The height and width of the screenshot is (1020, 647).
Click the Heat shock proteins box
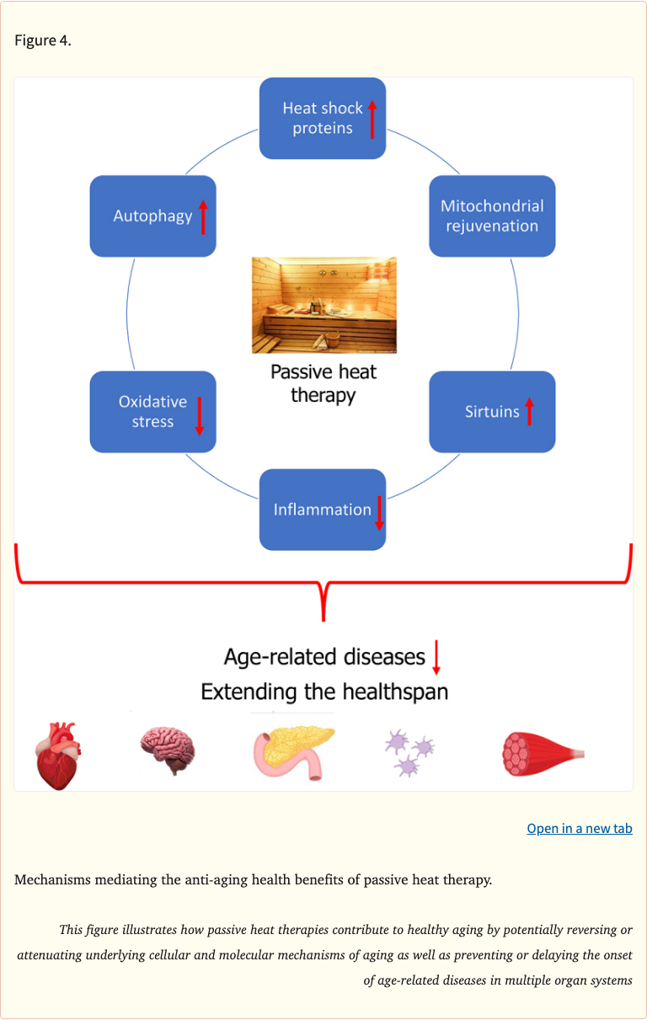(x=322, y=119)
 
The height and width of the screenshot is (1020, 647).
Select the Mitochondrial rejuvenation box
(x=492, y=216)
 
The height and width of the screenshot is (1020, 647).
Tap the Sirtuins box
(x=492, y=412)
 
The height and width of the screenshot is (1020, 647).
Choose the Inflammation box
(x=322, y=510)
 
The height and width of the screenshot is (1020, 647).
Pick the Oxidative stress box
(x=152, y=412)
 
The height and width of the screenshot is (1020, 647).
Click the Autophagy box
(x=152, y=216)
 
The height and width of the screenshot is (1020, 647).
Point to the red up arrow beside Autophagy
(x=202, y=217)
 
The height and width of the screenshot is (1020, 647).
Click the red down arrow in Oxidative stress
(x=200, y=414)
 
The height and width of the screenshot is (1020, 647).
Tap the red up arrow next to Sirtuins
(x=529, y=411)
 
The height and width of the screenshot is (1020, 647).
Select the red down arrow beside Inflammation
(x=379, y=512)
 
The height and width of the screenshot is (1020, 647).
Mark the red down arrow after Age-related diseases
(x=436, y=657)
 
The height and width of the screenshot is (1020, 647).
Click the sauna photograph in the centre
(x=323, y=305)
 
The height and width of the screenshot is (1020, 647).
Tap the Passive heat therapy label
(x=323, y=383)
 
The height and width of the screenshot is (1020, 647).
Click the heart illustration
(x=58, y=754)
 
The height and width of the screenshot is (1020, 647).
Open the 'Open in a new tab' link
(x=580, y=829)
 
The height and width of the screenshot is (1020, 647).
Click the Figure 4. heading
(x=43, y=40)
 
